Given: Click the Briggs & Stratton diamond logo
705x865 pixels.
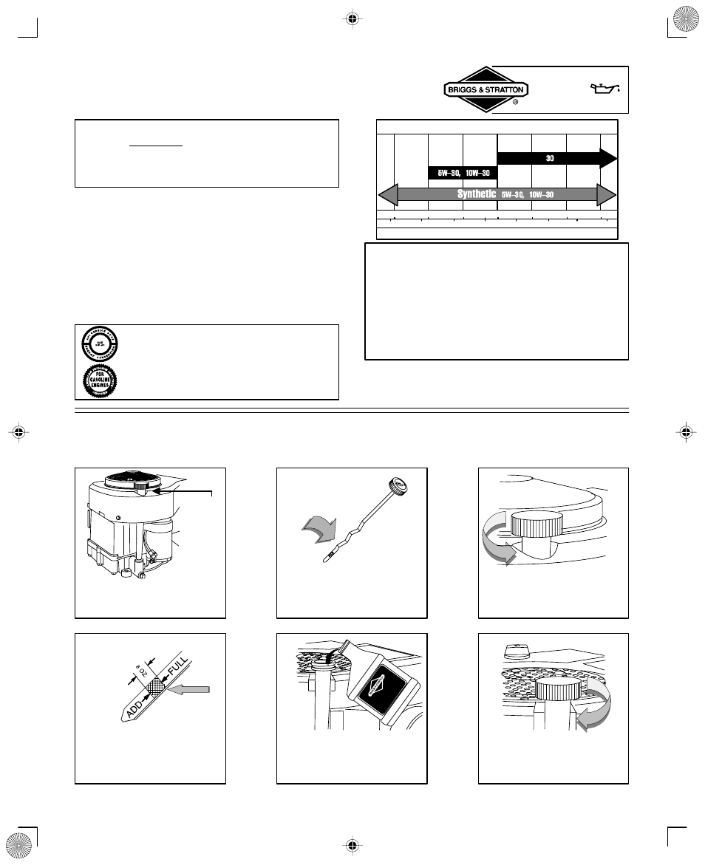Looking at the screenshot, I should pyautogui.click(x=485, y=90).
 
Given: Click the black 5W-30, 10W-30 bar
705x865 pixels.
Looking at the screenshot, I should pyautogui.click(x=463, y=173).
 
